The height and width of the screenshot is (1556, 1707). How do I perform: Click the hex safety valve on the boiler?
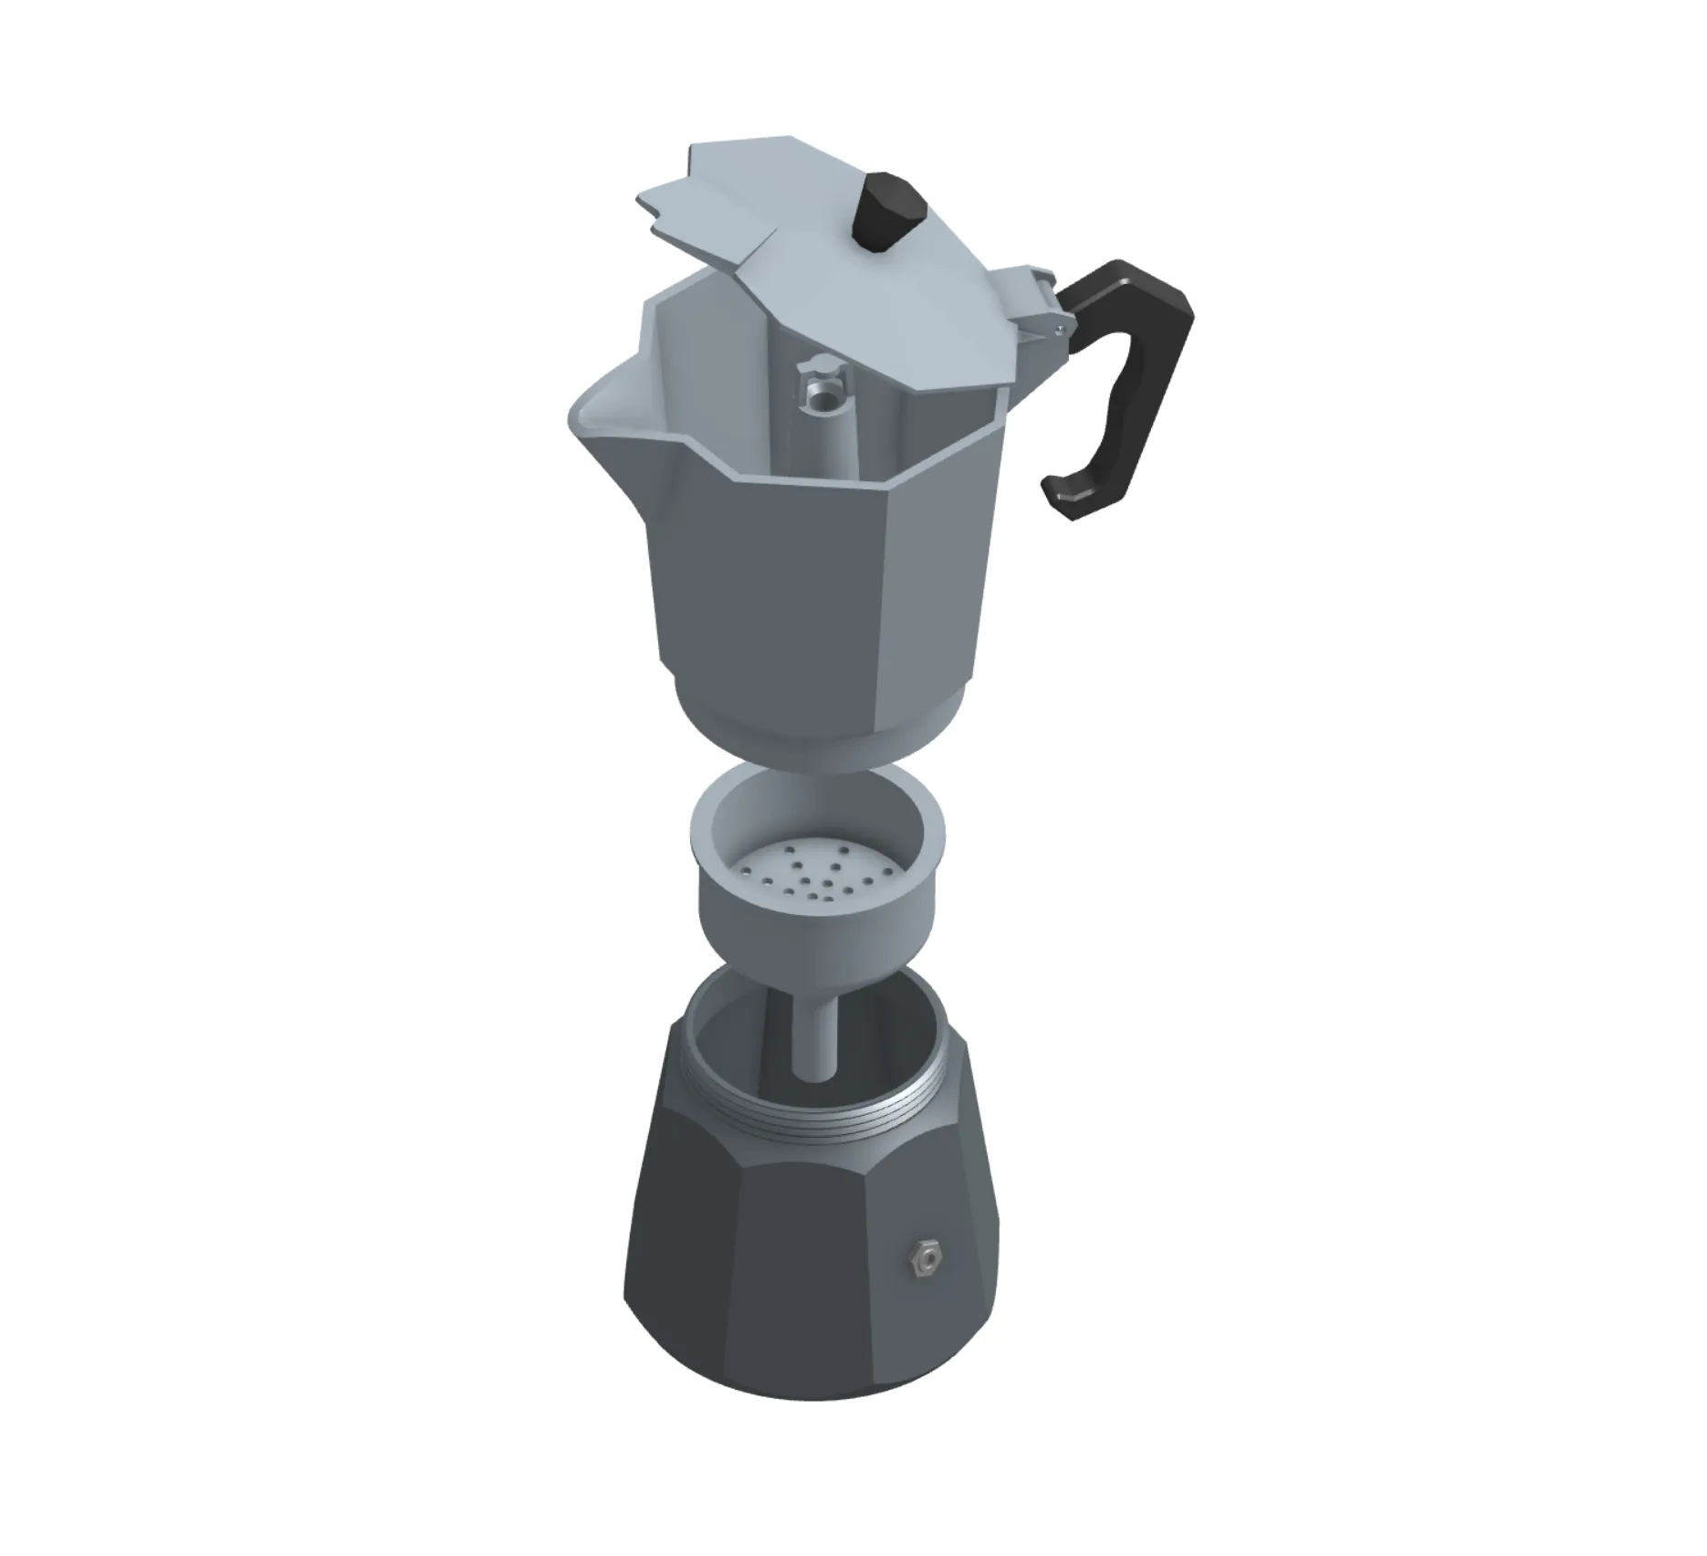pyautogui.click(x=927, y=1260)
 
